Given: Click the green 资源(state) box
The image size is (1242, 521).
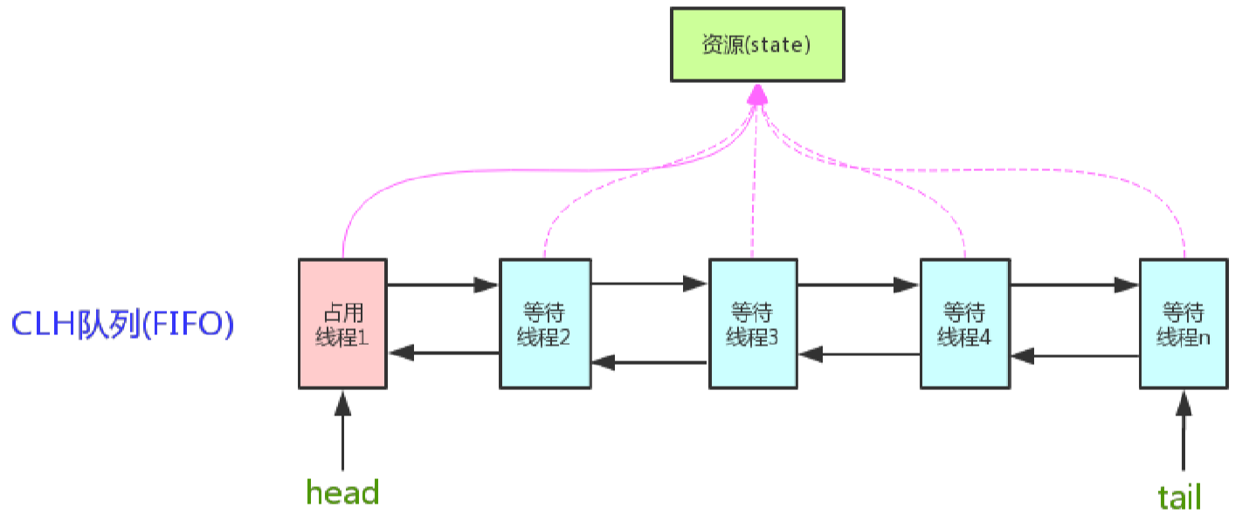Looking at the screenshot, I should tap(757, 45).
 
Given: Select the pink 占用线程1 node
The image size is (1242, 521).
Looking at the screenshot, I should tap(342, 323).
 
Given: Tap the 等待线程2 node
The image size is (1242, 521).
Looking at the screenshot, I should tap(544, 323).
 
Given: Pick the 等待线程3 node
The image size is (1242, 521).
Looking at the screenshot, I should tap(753, 323).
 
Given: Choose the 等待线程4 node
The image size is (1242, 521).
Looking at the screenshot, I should tap(964, 323).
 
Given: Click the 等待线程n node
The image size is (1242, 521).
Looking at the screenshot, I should tap(1183, 323).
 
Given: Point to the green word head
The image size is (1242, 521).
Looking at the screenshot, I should tap(342, 493).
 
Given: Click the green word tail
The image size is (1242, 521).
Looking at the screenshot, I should tap(1179, 497).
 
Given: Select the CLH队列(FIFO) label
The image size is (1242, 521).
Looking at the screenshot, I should tap(122, 325).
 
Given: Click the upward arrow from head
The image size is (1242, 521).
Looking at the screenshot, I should tap(342, 432).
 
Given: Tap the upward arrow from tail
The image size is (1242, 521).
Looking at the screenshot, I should tap(1183, 432).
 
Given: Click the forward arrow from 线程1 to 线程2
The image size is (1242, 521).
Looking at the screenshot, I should tap(443, 284).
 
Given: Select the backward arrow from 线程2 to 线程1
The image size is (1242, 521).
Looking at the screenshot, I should tap(443, 353).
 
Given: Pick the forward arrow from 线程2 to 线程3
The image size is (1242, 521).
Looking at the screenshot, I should tap(650, 283).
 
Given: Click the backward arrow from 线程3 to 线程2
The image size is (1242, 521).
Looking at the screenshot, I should tap(650, 361).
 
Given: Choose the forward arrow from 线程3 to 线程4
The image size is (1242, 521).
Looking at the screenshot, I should tap(859, 284).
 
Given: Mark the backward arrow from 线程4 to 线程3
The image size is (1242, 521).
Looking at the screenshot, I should tap(859, 354).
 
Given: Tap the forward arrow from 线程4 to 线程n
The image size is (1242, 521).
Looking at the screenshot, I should tap(1074, 284).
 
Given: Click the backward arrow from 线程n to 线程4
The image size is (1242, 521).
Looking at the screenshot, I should tap(1074, 356).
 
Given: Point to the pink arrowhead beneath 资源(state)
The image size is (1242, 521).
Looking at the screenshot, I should tap(757, 94).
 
